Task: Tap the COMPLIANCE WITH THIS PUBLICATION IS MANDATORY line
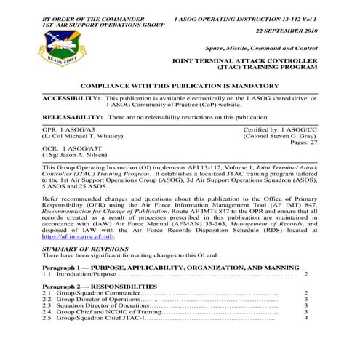179,85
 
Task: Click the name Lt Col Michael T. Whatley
82,135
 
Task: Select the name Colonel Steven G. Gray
280,135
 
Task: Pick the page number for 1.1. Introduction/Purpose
305,274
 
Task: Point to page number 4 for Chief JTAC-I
305,319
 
